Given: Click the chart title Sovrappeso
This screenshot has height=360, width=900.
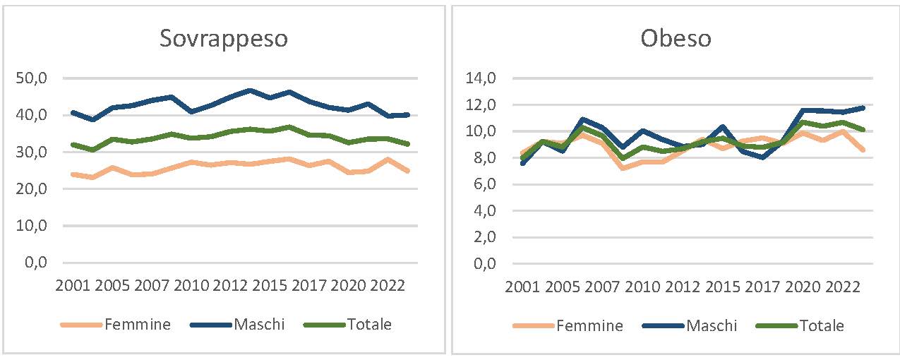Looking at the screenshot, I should pos(223,38).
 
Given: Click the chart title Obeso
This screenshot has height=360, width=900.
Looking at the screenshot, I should pos(676,38).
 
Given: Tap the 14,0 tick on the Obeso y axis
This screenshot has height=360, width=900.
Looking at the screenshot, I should pos(484,78).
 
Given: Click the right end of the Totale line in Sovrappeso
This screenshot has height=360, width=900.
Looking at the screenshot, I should pos(408,144).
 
